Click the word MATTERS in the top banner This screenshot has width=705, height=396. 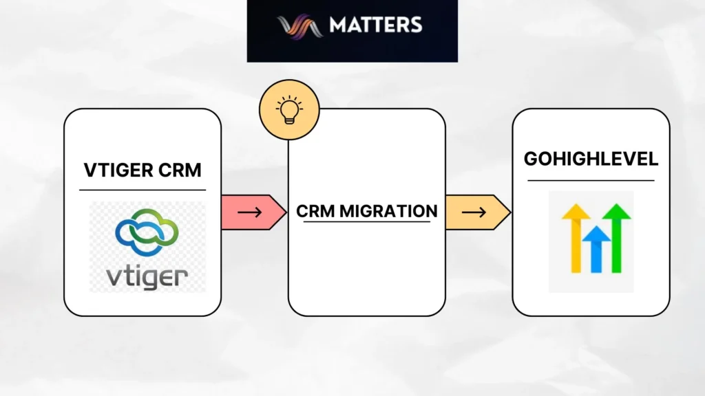[375, 25]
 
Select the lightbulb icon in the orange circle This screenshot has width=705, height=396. [289, 110]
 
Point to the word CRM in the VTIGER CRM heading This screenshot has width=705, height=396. [180, 169]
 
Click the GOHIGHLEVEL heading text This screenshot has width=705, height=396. [591, 159]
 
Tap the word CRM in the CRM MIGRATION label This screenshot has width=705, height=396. [315, 211]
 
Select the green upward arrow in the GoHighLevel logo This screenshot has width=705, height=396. [616, 237]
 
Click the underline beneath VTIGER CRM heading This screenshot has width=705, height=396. [143, 190]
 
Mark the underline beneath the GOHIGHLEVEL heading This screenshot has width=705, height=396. [591, 181]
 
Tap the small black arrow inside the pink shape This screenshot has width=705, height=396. [249, 212]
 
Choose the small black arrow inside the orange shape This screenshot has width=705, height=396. [474, 212]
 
